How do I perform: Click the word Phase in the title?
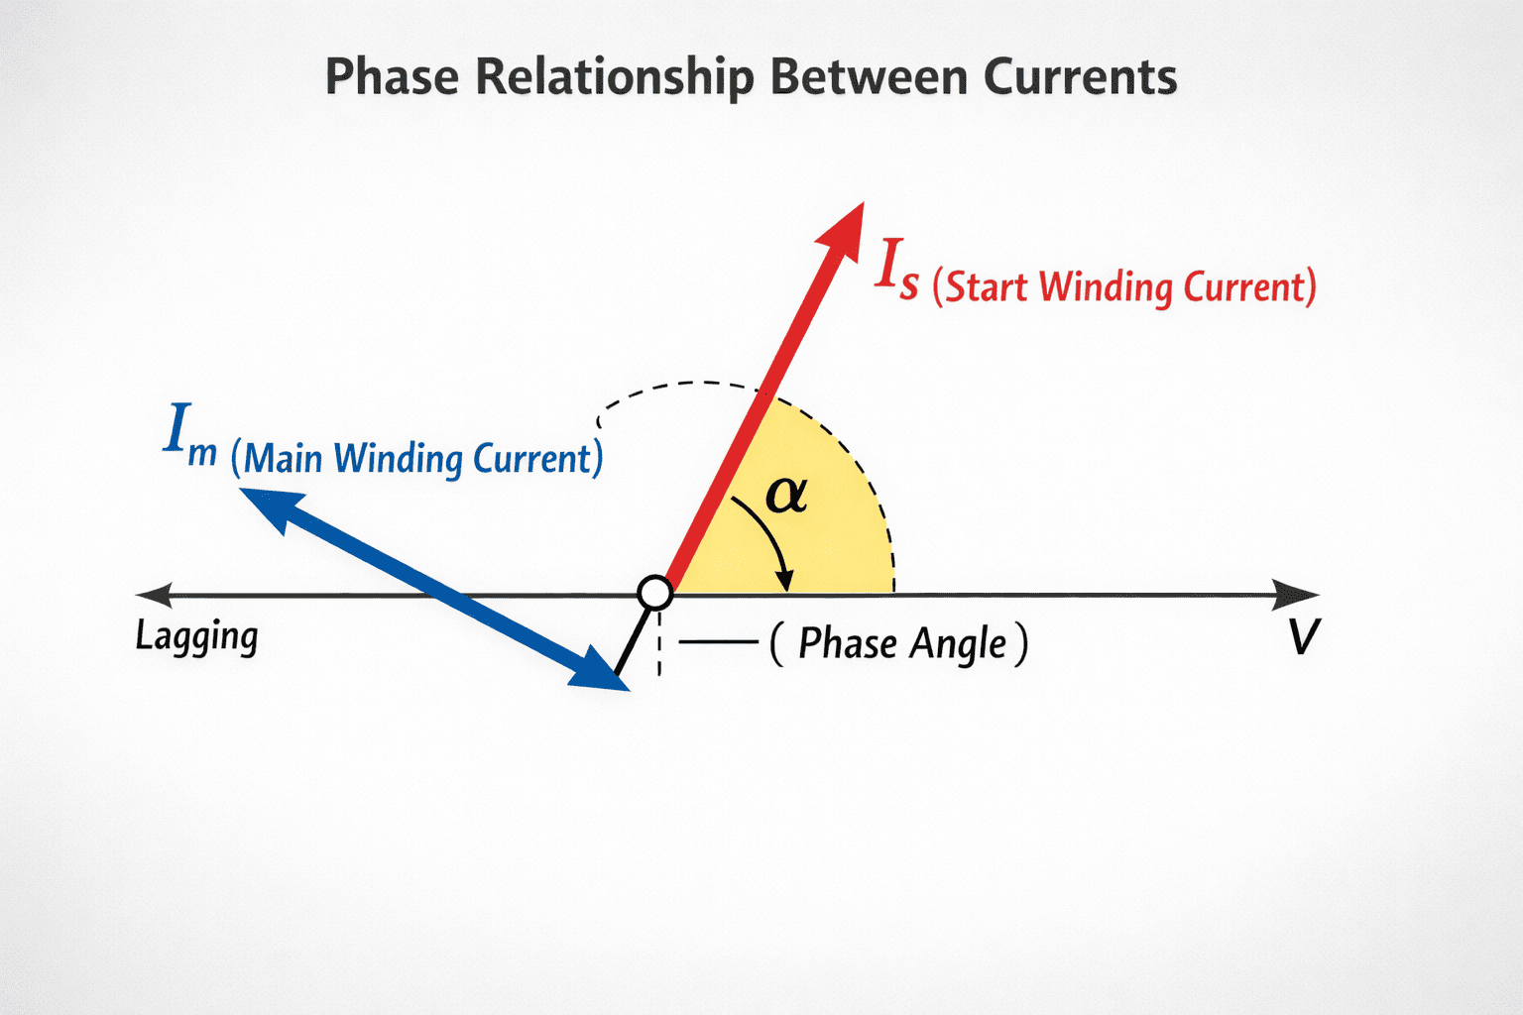coord(392,77)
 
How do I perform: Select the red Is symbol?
coord(896,270)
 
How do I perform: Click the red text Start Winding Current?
coord(1124,287)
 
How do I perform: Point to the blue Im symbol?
coord(188,433)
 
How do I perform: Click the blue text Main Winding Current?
coord(417,459)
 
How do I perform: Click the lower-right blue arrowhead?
coord(601,671)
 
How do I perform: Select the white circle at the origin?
coord(654,593)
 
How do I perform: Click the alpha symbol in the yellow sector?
coord(786,494)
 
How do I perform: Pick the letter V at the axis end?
coord(1304,636)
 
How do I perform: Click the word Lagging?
coord(196,636)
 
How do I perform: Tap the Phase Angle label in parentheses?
coord(900,643)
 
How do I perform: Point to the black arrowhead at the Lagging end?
coord(155,595)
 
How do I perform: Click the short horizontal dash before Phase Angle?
coord(719,642)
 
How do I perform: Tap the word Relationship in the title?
coord(615,77)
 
